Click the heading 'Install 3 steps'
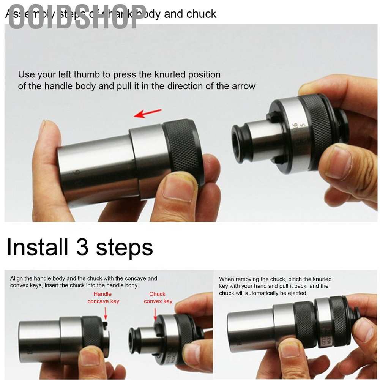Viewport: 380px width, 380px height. [80, 247]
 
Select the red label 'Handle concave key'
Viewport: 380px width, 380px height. [103, 298]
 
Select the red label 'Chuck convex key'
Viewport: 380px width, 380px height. [158, 298]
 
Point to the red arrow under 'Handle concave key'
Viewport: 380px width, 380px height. [105, 313]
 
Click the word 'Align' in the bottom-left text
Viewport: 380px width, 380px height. [17, 278]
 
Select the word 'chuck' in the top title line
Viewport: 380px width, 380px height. [202, 14]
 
